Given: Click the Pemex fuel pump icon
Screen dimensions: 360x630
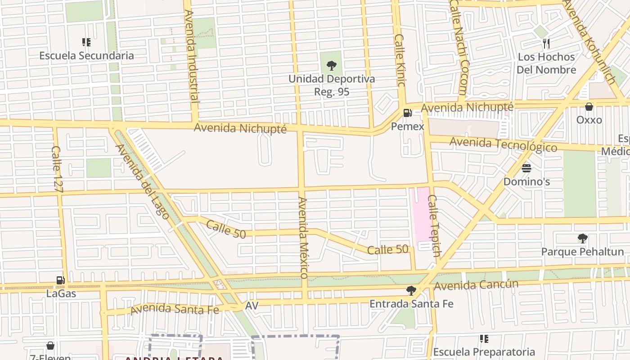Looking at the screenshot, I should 407,113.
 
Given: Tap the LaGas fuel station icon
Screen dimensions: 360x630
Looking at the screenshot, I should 60,280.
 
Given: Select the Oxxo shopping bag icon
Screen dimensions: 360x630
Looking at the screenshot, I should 589,107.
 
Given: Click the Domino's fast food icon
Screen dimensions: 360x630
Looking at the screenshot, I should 526,168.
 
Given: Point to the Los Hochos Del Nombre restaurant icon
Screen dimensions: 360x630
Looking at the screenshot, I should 546,43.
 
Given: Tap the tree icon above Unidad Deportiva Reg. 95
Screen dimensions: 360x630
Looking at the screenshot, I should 331,66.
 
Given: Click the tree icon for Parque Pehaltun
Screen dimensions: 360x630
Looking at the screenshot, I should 582,238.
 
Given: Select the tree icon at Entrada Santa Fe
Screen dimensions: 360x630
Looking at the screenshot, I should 411,291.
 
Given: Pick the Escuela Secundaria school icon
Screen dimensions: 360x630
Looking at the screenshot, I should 86,42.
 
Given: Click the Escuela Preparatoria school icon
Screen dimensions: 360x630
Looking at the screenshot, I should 484,338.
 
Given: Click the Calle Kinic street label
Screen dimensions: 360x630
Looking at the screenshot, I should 400,60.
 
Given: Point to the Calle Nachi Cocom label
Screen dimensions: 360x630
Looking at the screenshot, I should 459,47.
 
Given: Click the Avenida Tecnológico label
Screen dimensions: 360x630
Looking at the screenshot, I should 503,144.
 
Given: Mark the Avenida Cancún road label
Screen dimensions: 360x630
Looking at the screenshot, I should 476,285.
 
